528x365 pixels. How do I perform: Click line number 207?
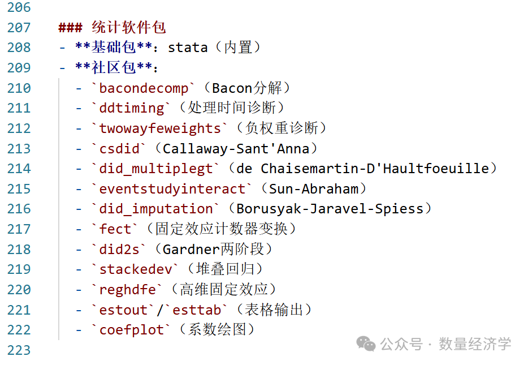pyautogui.click(x=19, y=27)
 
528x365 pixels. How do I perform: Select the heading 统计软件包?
pyautogui.click(x=129, y=27)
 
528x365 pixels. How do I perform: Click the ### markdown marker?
pyautogui.click(x=70, y=27)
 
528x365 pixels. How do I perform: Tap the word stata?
pyautogui.click(x=188, y=48)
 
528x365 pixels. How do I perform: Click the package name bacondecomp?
pyautogui.click(x=144, y=88)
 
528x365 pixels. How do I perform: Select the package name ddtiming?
pyautogui.click(x=132, y=108)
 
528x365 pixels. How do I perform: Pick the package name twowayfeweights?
pyautogui.click(x=160, y=128)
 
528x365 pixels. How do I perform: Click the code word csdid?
pyautogui.click(x=119, y=149)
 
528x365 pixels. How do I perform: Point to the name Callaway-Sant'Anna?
pyautogui.click(x=236, y=149)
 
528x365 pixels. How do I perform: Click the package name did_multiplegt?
pyautogui.click(x=156, y=169)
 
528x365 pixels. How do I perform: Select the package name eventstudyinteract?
pyautogui.click(x=172, y=189)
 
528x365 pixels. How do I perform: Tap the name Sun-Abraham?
pyautogui.click(x=314, y=189)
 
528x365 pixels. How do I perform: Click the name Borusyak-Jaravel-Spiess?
pyautogui.click(x=330, y=209)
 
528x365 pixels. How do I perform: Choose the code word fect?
pyautogui.click(x=115, y=229)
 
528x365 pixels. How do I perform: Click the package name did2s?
pyautogui.click(x=119, y=250)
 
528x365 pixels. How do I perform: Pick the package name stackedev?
pyautogui.click(x=136, y=269)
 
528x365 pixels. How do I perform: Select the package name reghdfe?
pyautogui.click(x=128, y=290)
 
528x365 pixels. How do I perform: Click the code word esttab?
pyautogui.click(x=197, y=310)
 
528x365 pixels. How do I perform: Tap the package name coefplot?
pyautogui.click(x=132, y=330)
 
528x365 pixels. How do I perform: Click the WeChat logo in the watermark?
pyautogui.click(x=366, y=343)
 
